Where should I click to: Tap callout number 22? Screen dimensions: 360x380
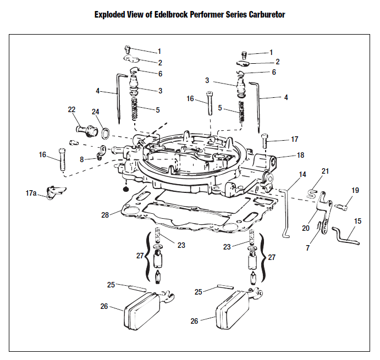click(x=71, y=110)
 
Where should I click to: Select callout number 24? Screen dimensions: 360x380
click(x=96, y=112)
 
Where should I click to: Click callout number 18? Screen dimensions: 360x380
click(x=300, y=156)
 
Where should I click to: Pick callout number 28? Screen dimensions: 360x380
click(x=104, y=215)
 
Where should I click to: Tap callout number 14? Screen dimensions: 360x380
click(x=302, y=174)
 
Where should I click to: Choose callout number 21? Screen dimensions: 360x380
click(x=325, y=171)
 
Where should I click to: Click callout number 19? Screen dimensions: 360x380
click(x=355, y=190)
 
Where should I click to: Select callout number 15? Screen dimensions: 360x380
click(x=357, y=221)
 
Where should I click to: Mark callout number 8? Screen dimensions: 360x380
click(x=81, y=159)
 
